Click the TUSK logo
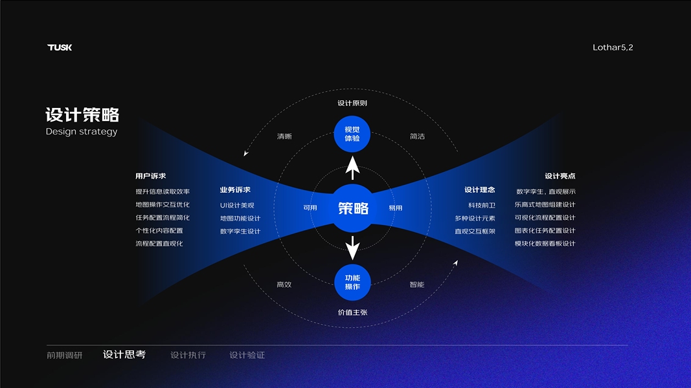tap(60, 47)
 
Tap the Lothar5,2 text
tap(613, 47)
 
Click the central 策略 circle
tap(353, 208)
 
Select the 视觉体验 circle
tap(352, 134)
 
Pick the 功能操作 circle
tap(352, 282)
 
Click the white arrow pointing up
tap(352, 167)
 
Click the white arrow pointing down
tap(352, 248)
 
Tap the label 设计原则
tap(352, 103)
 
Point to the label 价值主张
tap(352, 312)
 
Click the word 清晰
tap(284, 136)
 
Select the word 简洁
tap(417, 136)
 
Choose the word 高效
tap(284, 285)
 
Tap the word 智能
tap(416, 285)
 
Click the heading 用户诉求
tap(151, 176)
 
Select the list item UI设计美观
tap(237, 205)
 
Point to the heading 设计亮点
tap(560, 176)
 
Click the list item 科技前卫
tap(482, 205)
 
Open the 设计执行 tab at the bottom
tap(188, 355)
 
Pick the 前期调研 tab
tap(65, 355)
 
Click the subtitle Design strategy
tap(82, 131)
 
